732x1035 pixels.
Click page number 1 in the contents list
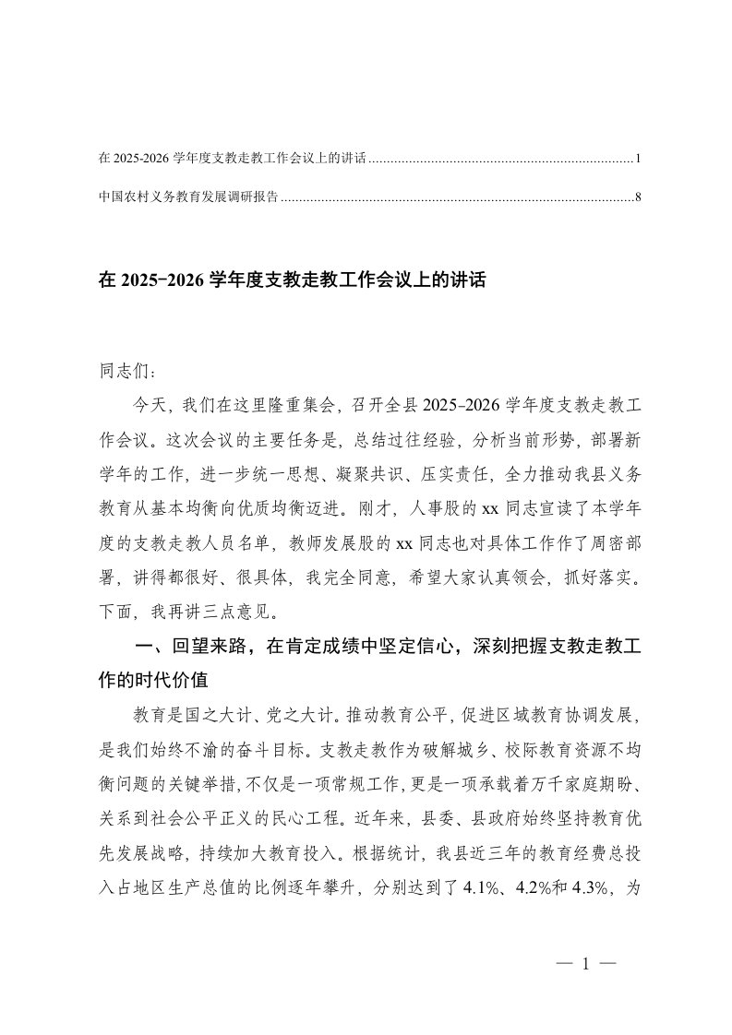pyautogui.click(x=637, y=160)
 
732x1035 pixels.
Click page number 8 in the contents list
pyautogui.click(x=637, y=196)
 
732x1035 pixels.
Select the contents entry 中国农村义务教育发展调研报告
pyautogui.click(x=188, y=196)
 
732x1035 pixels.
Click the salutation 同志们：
pyautogui.click(x=127, y=373)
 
